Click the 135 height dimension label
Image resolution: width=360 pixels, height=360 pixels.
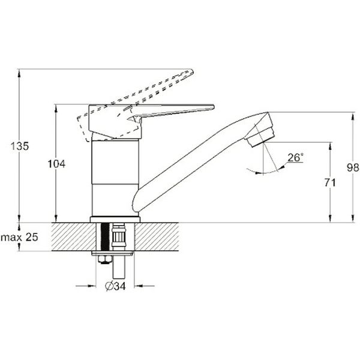[20, 146]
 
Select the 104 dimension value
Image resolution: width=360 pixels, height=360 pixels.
[56, 164]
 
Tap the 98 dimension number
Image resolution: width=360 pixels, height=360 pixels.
[353, 167]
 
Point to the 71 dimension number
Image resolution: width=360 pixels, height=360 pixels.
[330, 182]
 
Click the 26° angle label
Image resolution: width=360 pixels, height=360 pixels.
[296, 158]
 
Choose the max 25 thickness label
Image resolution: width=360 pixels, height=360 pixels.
[19, 237]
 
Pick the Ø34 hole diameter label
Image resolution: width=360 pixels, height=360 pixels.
[115, 286]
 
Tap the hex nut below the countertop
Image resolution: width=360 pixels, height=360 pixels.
[104, 259]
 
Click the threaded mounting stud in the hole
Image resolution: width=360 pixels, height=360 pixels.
[105, 237]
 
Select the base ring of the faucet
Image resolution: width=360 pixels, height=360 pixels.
[115, 220]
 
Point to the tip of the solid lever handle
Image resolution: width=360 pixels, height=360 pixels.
[214, 107]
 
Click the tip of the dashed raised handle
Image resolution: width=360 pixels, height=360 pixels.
[192, 71]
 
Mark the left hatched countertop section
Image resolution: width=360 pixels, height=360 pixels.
[73, 237]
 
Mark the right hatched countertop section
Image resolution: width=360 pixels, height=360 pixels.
[157, 237]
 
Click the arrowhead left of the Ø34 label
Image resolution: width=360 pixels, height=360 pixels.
[92, 286]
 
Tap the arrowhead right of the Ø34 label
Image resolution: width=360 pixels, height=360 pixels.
[138, 286]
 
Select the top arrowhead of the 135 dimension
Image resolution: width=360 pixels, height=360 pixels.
[19, 73]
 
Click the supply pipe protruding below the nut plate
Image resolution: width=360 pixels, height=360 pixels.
[119, 266]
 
